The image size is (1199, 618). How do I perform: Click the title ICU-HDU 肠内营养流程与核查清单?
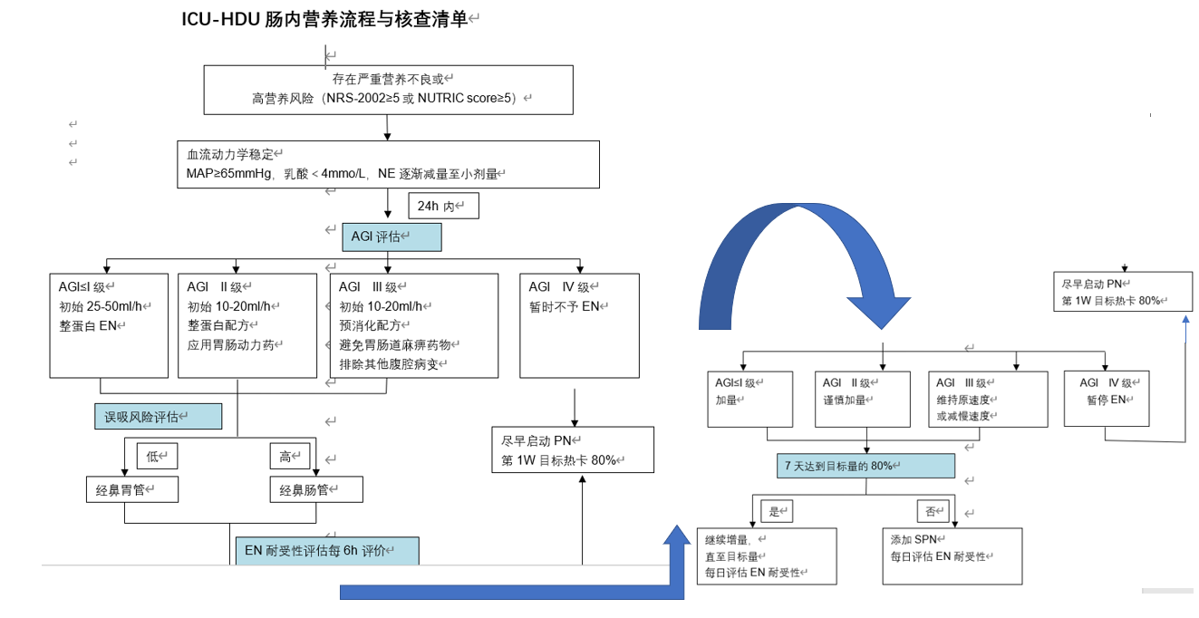(x=324, y=19)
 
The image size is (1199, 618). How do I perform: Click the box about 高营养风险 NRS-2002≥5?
(x=388, y=90)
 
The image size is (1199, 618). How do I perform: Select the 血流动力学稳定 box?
(x=388, y=164)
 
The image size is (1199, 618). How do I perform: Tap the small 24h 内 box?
(x=443, y=206)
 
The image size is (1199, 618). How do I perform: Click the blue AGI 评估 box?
(x=392, y=237)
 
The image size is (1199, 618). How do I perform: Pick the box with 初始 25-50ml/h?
(x=109, y=325)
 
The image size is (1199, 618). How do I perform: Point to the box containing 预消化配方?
(x=413, y=325)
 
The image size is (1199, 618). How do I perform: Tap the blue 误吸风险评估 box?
(x=158, y=417)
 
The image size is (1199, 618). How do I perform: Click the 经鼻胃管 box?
(x=131, y=490)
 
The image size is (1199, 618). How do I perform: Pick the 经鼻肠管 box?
(x=316, y=490)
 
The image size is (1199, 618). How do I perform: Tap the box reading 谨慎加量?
(x=862, y=399)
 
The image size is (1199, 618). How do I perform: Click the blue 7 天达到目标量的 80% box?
(x=866, y=466)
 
